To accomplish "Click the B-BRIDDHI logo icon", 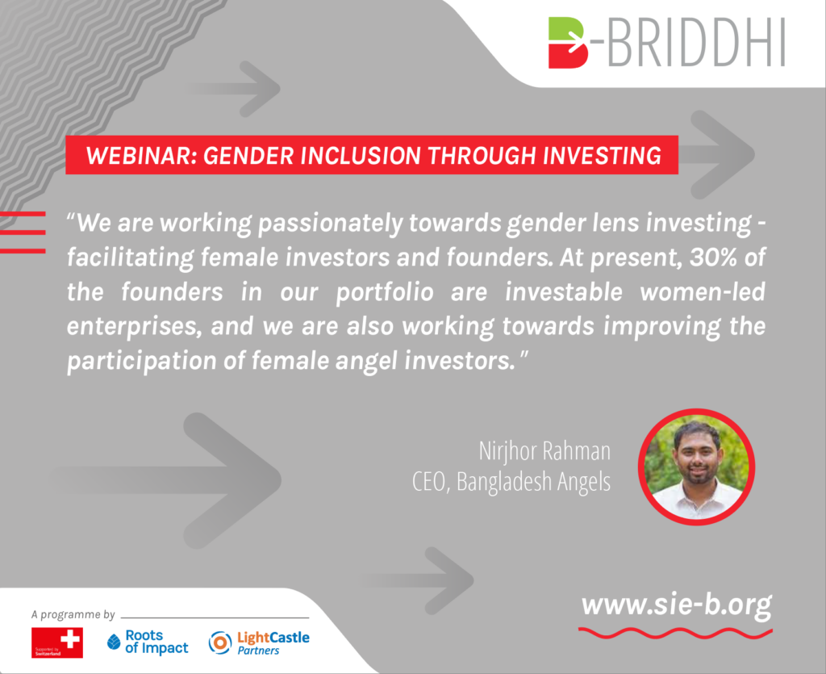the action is pos(568,43).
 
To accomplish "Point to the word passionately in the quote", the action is pos(330,224).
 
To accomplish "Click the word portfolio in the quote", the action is pos(385,291).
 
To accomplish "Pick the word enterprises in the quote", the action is pos(135,327).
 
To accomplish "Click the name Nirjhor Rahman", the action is pos(544,451).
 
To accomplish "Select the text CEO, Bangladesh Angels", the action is pos(511,482).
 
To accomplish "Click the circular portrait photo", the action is pos(696,467).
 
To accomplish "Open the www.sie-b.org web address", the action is pos(677,605).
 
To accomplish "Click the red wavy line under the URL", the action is pos(675,633).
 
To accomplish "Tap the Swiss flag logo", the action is pos(57,643).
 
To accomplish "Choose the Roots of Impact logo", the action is pos(148,642).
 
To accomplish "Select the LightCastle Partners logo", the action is pos(259,643).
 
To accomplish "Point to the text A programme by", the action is pos(73,614).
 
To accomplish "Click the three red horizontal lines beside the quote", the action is pos(23,232).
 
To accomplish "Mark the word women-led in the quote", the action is pos(703,291).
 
